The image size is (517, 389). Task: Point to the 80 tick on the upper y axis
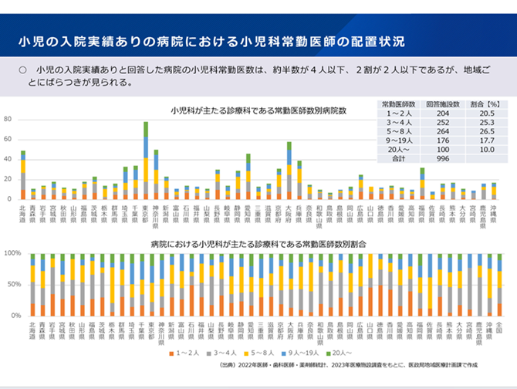coord(8,120)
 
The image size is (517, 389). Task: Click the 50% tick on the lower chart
coord(13,285)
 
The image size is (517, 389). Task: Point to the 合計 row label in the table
coord(399,159)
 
